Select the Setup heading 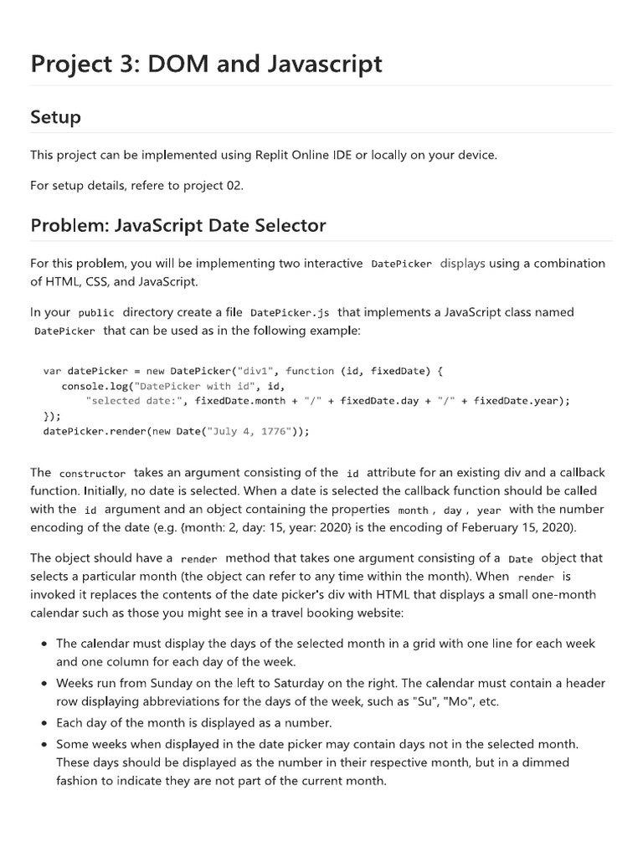[56, 117]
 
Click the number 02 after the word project [233, 185]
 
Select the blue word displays [462, 263]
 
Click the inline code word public [96, 313]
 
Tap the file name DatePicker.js [290, 313]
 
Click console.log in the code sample [94, 385]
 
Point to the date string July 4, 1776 [257, 431]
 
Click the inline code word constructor [92, 474]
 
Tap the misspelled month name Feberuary [498, 527]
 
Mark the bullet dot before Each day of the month [44, 722]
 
